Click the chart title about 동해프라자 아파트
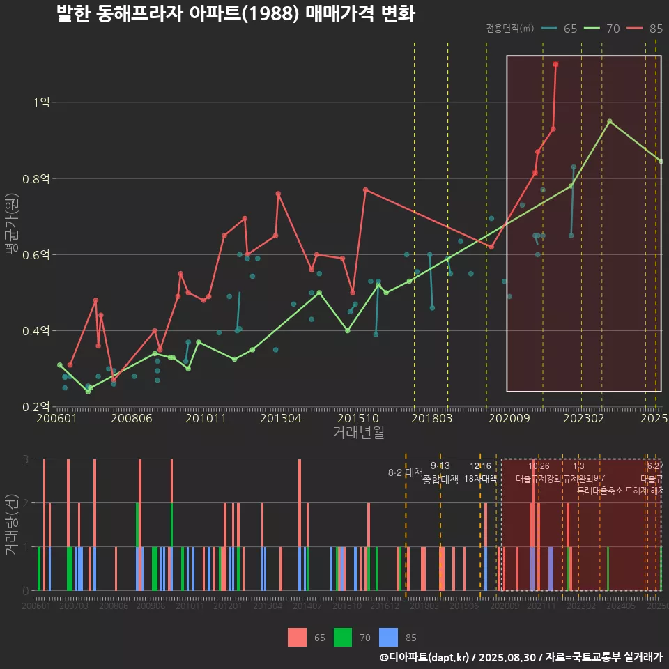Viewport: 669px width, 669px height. point(236,13)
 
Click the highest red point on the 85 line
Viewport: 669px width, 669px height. point(555,64)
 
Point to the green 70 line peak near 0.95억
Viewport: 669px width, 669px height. point(610,121)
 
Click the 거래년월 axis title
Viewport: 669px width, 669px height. point(358,433)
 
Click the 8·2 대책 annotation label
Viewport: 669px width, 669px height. point(405,472)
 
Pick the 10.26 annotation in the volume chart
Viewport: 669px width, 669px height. point(539,466)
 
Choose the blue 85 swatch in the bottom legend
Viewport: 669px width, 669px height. point(389,637)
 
